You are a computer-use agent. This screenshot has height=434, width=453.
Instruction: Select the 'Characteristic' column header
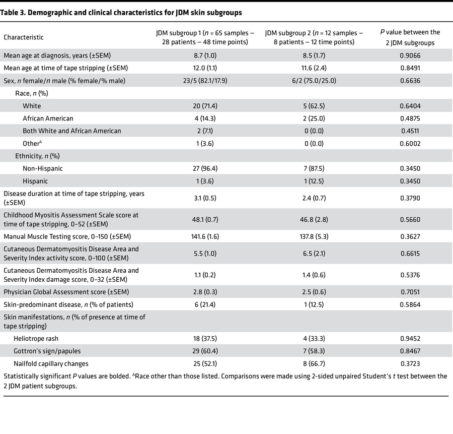24,37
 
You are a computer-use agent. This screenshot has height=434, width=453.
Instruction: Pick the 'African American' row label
48,118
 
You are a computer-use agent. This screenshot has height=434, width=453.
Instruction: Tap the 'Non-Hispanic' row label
43,169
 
